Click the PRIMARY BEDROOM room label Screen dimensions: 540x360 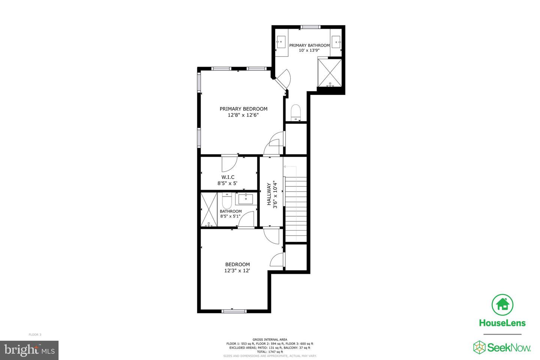tap(243, 109)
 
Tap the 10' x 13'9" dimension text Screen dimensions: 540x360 tap(309, 50)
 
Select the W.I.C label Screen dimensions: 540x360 tap(228, 177)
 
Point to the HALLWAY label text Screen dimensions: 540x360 tap(269, 194)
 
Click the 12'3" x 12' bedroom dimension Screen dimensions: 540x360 tap(237, 270)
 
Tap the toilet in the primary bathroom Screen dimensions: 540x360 tap(295, 112)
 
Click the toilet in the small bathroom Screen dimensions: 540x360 tap(227, 201)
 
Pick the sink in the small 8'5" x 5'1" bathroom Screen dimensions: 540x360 tap(246, 199)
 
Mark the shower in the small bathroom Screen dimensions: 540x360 tap(209, 210)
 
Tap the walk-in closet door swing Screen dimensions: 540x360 tap(229, 164)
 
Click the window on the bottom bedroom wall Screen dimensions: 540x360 tap(234, 311)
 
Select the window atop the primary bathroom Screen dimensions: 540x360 tap(310, 27)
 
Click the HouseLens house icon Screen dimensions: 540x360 tap(502, 305)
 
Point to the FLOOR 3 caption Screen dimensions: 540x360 tap(35, 334)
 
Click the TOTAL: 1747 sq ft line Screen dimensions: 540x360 tap(270, 352)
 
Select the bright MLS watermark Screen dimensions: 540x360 tap(29, 350)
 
